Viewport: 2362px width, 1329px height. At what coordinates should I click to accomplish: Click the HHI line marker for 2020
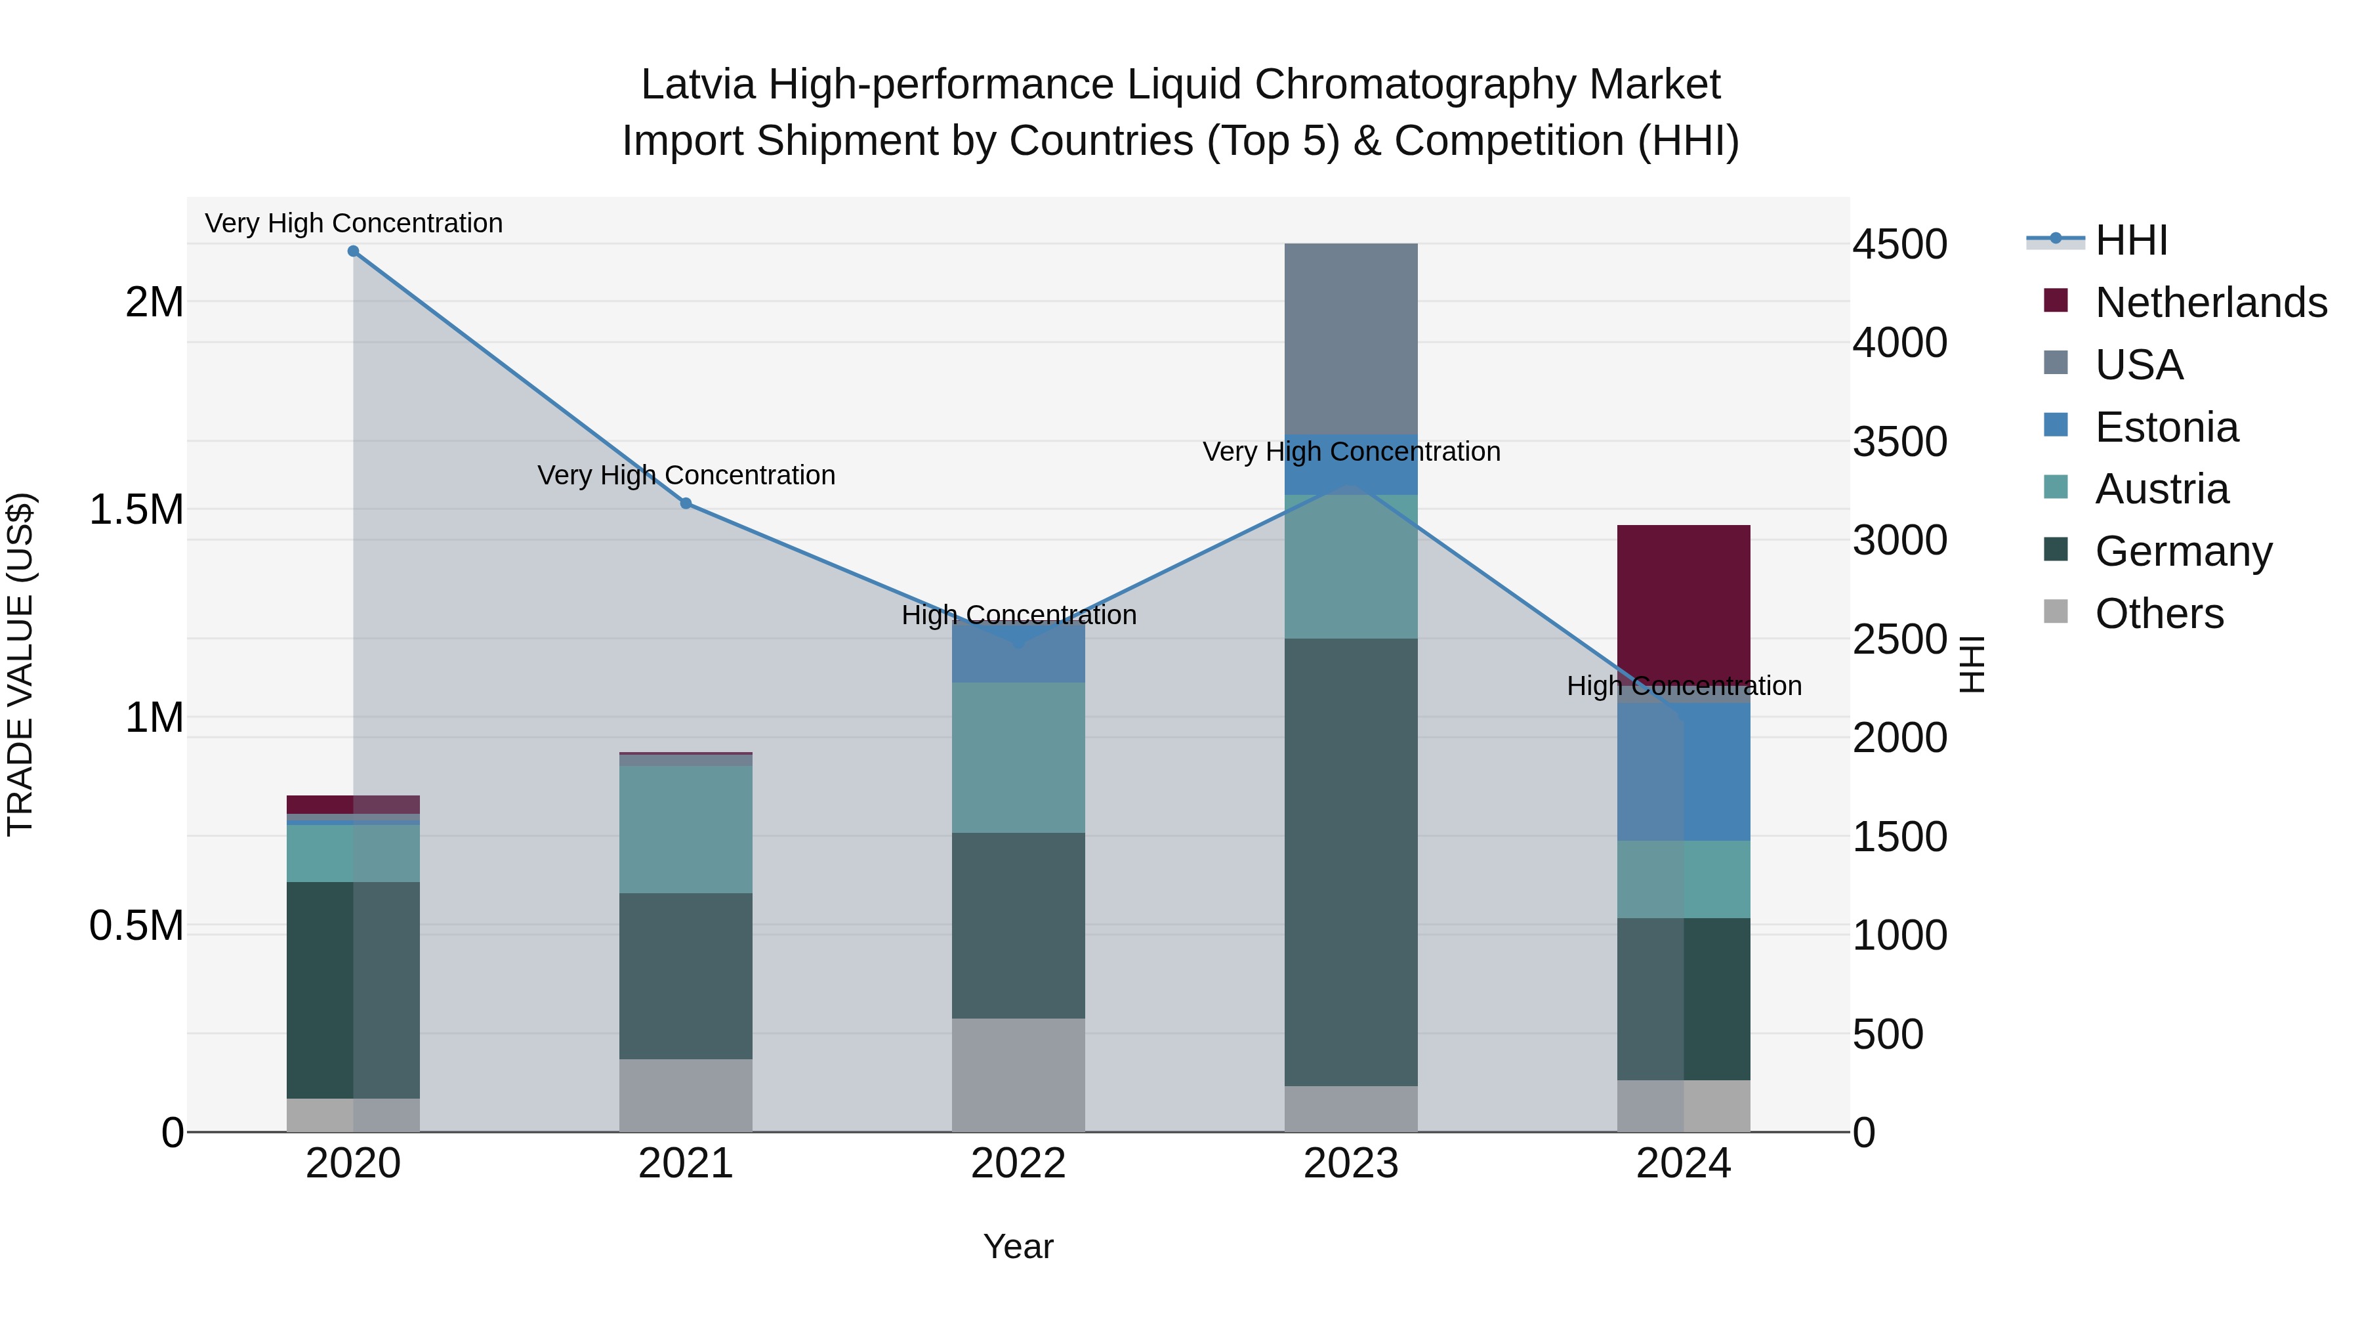(353, 251)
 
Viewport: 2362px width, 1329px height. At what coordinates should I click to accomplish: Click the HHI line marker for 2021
(686, 503)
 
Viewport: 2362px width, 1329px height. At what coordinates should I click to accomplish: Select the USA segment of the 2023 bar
(1351, 339)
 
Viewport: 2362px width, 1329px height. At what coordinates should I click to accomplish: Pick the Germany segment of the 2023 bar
(1351, 862)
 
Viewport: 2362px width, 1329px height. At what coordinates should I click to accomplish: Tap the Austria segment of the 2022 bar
(1018, 757)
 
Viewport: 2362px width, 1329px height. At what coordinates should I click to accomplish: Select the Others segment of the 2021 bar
(686, 1095)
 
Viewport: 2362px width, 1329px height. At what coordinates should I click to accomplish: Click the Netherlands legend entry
(2210, 303)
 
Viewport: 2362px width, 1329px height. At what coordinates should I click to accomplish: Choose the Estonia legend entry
(2166, 427)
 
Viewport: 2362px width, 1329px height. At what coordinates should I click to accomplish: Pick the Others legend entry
(2159, 614)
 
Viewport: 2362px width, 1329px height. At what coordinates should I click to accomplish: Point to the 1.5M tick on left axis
(136, 510)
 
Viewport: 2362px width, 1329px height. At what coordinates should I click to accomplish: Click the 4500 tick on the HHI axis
(1899, 244)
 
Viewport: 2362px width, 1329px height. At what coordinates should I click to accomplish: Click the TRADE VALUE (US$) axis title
(20, 664)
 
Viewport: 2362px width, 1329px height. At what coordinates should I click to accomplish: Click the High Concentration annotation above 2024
(1684, 686)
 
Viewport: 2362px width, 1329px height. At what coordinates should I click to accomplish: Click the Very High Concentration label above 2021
(686, 475)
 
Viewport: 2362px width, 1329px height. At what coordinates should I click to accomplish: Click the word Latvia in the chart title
(697, 85)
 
